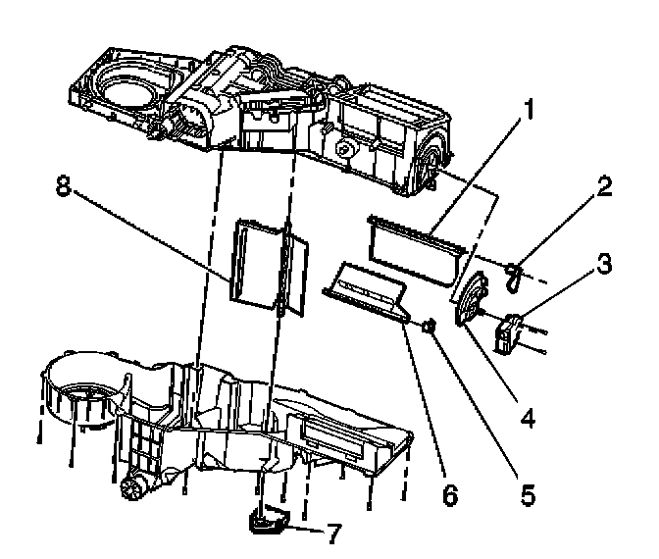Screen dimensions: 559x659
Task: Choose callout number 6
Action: pos(449,494)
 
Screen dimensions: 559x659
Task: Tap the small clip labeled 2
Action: pos(515,274)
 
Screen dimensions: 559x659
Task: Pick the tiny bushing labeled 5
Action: pos(431,327)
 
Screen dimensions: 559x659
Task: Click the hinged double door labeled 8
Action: pos(267,263)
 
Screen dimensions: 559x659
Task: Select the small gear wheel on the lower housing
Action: pos(133,485)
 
